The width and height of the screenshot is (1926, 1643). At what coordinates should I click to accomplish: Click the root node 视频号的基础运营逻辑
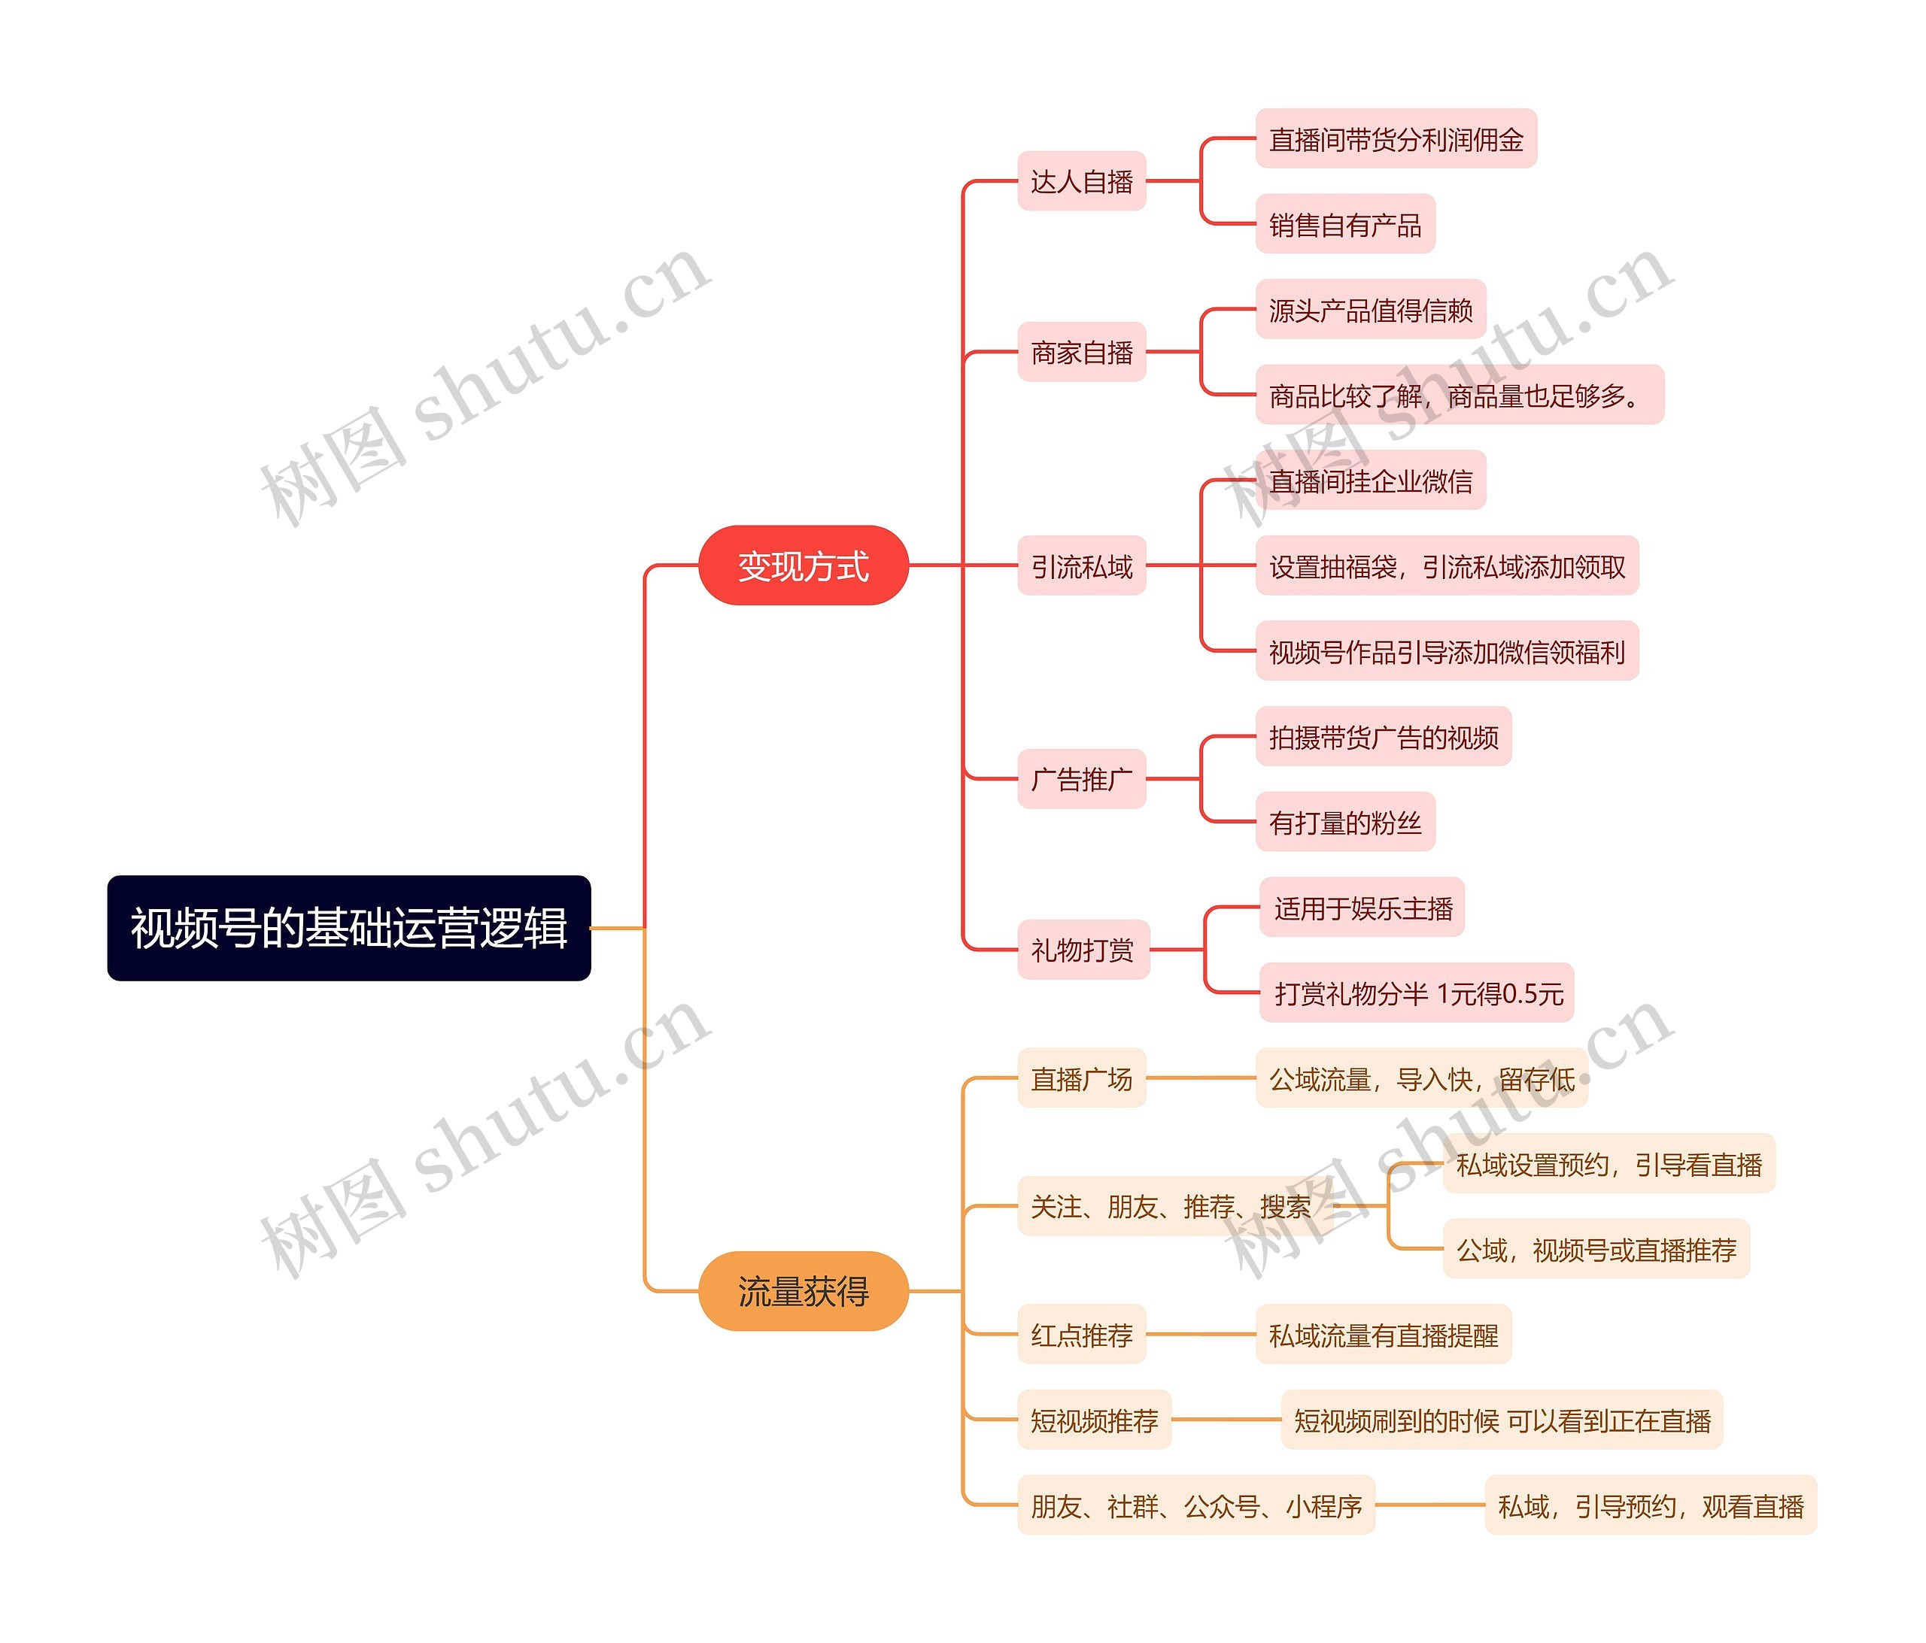click(348, 927)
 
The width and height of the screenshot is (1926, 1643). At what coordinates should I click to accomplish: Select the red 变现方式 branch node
click(803, 565)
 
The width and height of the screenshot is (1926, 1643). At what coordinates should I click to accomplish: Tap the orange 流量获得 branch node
click(803, 1291)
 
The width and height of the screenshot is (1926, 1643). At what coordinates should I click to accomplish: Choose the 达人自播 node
click(1081, 181)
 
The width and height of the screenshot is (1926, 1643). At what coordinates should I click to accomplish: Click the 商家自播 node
click(1081, 352)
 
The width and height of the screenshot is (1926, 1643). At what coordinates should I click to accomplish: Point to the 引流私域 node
click(1081, 566)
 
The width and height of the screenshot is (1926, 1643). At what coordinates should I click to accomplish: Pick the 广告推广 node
click(1081, 779)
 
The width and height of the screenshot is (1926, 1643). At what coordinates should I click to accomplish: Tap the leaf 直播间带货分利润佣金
click(1396, 139)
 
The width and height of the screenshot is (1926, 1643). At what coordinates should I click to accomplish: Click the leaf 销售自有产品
click(1345, 224)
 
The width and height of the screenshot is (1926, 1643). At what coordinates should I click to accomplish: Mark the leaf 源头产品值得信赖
click(1370, 310)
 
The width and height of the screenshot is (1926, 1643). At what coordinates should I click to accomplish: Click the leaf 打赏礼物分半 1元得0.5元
click(1417, 993)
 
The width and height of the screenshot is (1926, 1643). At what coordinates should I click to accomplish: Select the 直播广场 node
click(1081, 1079)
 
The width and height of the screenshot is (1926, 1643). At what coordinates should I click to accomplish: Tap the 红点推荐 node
click(1081, 1335)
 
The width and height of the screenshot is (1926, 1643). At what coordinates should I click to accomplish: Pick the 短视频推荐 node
click(1094, 1420)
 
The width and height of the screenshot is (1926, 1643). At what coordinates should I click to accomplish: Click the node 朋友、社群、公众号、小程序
click(1195, 1505)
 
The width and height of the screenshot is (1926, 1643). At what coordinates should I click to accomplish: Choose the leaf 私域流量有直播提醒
click(1383, 1335)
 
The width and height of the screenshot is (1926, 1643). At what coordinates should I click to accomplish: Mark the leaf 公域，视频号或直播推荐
click(1595, 1250)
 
